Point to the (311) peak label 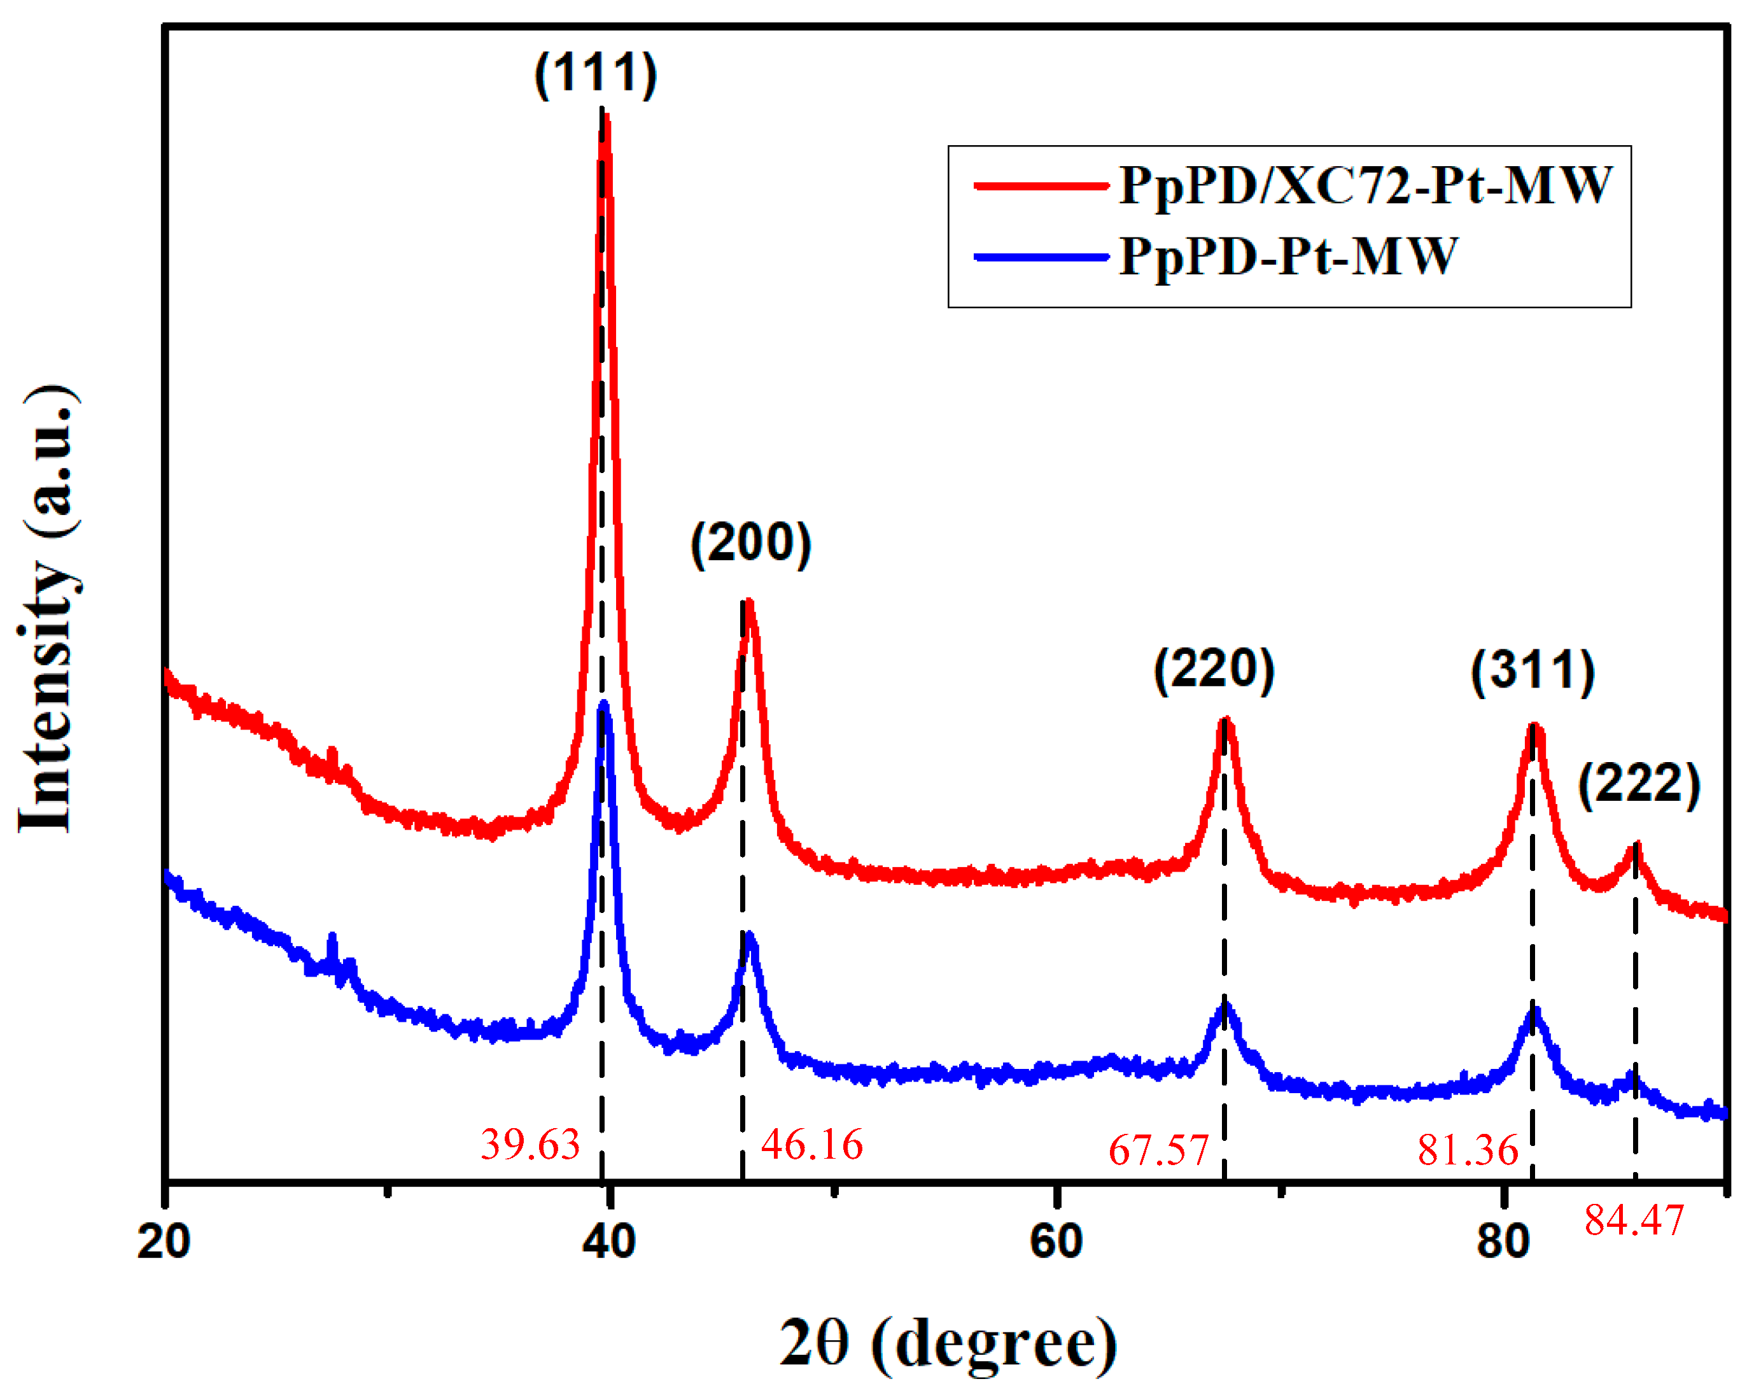point(1533,671)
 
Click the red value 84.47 point(1634,1220)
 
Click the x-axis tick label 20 point(164,1242)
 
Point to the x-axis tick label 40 point(609,1242)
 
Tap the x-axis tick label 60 point(1056,1242)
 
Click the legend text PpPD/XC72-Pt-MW point(1365,185)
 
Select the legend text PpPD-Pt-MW point(1288,257)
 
